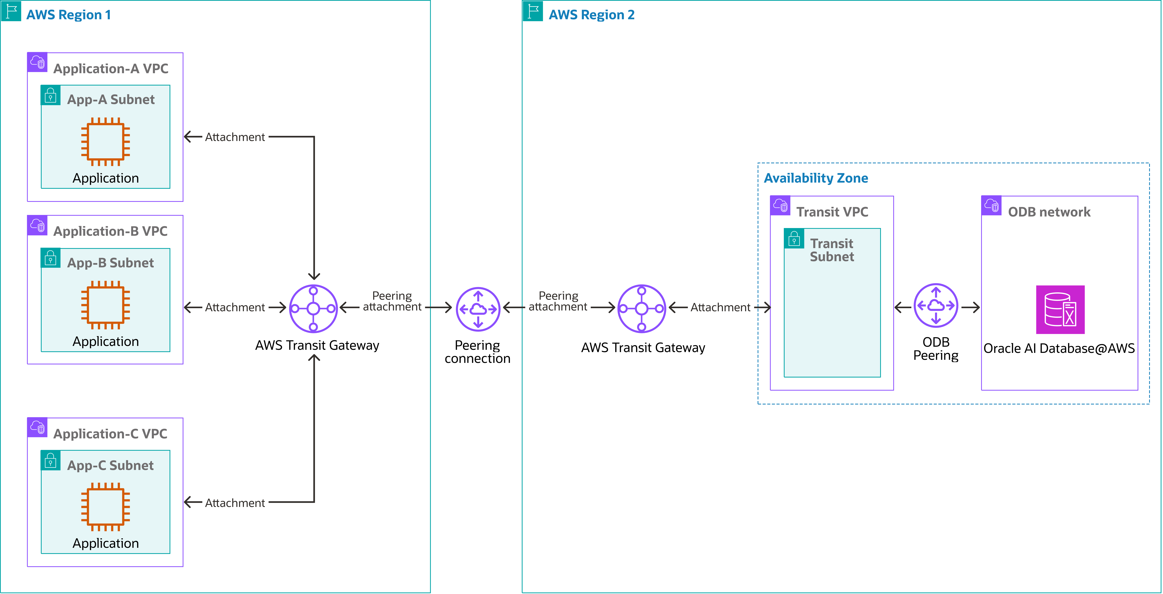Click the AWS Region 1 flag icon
pos(11,11)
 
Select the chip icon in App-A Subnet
pos(105,141)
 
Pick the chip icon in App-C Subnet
pos(105,506)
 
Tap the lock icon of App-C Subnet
pos(51,460)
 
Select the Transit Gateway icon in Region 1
pos(313,309)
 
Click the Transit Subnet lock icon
pos(794,238)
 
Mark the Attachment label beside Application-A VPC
pos(235,137)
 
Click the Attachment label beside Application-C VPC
pos(235,503)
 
